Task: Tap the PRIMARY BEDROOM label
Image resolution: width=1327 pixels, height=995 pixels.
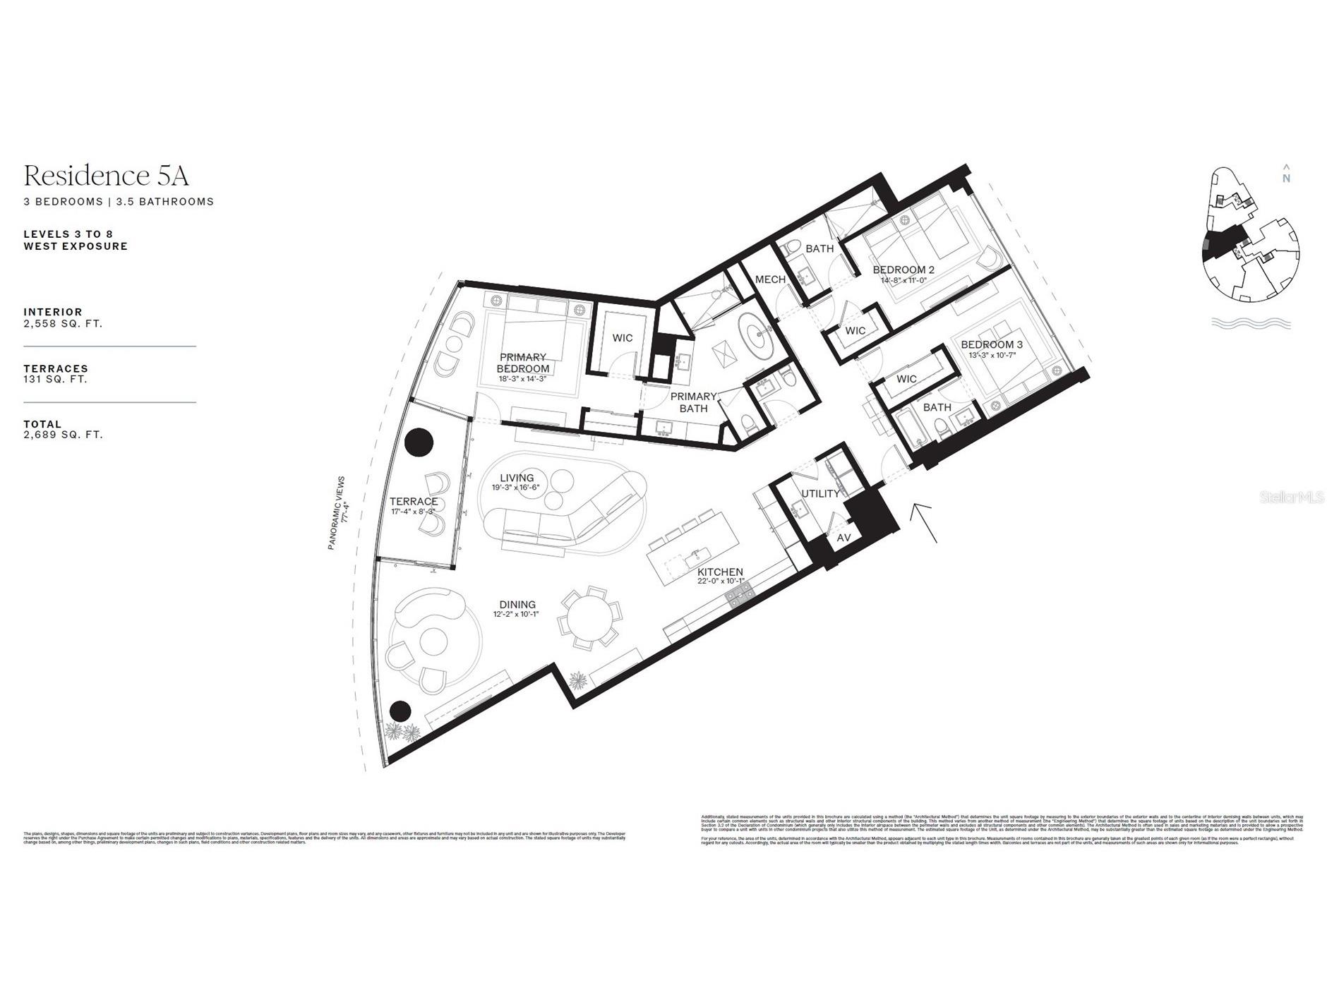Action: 523,363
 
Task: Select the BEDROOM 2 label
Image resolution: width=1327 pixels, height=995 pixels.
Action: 903,270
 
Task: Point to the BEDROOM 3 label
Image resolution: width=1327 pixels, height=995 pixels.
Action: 991,345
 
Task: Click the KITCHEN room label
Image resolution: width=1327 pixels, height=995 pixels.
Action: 720,572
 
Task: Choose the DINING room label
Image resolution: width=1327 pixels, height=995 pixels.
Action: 517,605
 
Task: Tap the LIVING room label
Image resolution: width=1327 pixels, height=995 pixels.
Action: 516,478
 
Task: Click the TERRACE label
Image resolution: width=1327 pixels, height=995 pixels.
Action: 414,502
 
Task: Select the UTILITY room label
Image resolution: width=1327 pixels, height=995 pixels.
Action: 820,493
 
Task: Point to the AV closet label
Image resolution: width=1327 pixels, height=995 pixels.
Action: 843,538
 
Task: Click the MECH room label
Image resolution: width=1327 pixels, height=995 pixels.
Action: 770,279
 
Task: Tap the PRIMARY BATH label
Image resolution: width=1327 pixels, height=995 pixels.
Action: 693,402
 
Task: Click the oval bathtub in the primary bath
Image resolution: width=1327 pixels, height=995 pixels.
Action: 757,336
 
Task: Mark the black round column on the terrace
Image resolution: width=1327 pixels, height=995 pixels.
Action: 419,442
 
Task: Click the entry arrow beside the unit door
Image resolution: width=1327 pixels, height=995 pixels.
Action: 925,522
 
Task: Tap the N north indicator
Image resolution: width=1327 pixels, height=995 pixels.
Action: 1286,174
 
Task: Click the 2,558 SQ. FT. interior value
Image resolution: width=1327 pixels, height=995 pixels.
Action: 63,324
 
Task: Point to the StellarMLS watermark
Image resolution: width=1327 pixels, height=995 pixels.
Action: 1291,497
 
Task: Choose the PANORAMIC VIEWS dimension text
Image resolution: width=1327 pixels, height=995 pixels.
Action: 342,512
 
